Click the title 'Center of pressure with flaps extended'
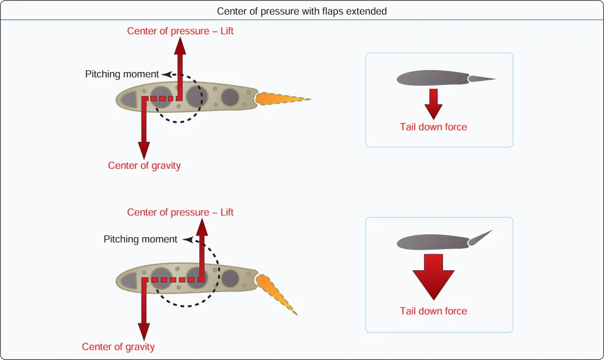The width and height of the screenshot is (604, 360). click(x=301, y=11)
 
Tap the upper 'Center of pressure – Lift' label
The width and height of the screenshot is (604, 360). click(x=180, y=31)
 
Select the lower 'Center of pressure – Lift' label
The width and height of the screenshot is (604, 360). click(x=180, y=212)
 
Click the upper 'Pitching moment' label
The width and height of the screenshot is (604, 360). click(x=122, y=74)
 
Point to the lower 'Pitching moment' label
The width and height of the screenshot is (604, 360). click(x=140, y=240)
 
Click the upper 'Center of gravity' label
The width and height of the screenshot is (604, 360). click(x=144, y=166)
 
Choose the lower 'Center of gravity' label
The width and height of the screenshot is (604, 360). click(x=118, y=347)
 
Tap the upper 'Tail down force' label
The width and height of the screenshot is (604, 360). click(x=434, y=127)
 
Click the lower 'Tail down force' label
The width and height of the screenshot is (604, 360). click(x=434, y=311)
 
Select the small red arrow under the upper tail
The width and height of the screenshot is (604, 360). click(x=434, y=104)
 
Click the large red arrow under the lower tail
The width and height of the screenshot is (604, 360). click(x=434, y=277)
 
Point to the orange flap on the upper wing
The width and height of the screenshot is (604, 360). click(x=282, y=99)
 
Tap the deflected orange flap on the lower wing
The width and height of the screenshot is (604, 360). click(x=276, y=294)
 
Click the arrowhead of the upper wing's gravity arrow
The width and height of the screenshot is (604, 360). click(x=144, y=150)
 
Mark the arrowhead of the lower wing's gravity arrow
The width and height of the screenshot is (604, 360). click(x=144, y=332)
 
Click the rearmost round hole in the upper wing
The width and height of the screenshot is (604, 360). click(x=230, y=97)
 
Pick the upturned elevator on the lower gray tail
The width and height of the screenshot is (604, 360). click(x=480, y=238)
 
